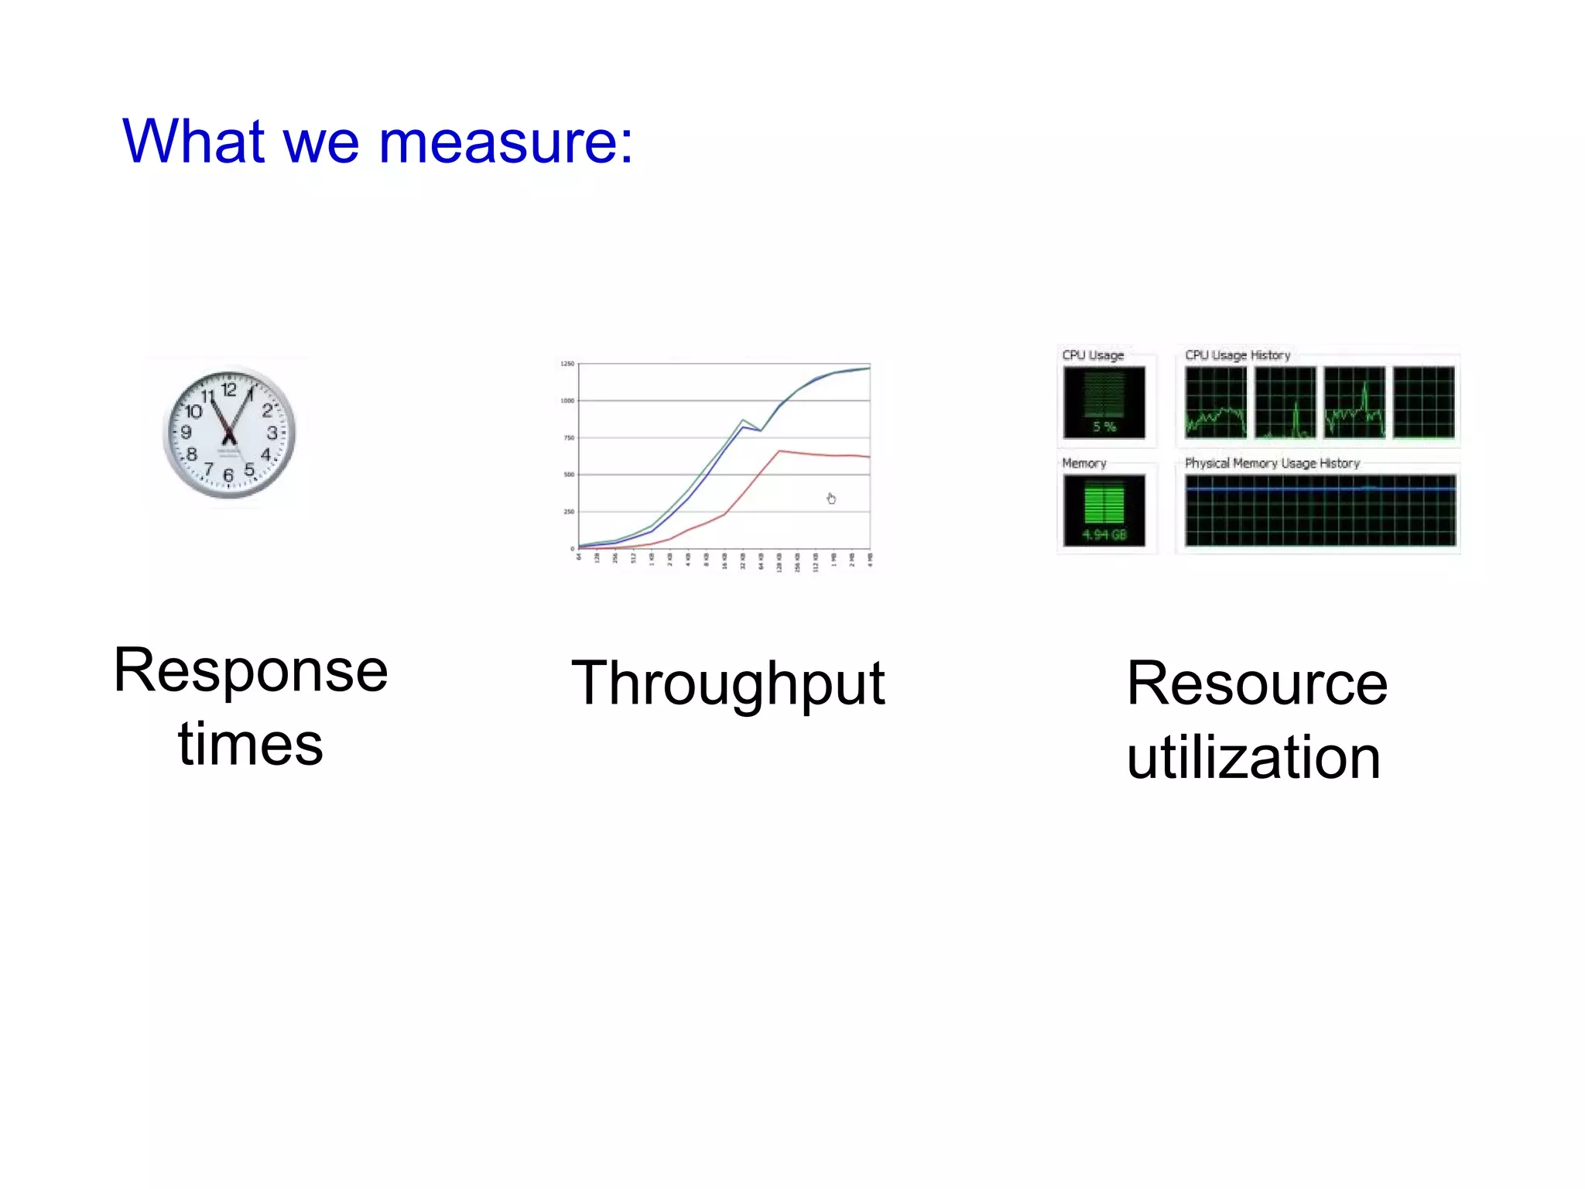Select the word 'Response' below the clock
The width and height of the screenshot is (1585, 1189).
pos(251,670)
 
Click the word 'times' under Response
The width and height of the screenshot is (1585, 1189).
pos(251,744)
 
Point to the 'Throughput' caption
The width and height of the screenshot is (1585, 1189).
pos(727,684)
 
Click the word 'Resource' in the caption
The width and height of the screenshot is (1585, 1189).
pos(1257,684)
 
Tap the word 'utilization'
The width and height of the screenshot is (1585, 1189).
pos(1253,757)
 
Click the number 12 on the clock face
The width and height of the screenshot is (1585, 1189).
pos(229,389)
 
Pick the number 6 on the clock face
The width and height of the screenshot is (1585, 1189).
pos(228,475)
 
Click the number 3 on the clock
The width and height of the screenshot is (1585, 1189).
pos(272,432)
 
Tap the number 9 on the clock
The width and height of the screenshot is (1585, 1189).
pos(186,432)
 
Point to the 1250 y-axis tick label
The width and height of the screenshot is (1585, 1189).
pos(567,364)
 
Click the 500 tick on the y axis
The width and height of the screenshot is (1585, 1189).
pos(569,475)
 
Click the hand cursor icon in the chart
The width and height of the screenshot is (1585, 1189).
pos(831,499)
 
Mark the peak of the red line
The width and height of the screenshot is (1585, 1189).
pos(779,451)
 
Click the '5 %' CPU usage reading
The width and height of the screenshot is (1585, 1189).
pos(1104,427)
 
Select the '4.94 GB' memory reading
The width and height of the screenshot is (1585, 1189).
pos(1104,535)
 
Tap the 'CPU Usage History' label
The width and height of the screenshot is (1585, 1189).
pos(1238,355)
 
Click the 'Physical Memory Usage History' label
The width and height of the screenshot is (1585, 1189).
pos(1272,463)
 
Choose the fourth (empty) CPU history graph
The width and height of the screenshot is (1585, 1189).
pos(1423,403)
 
